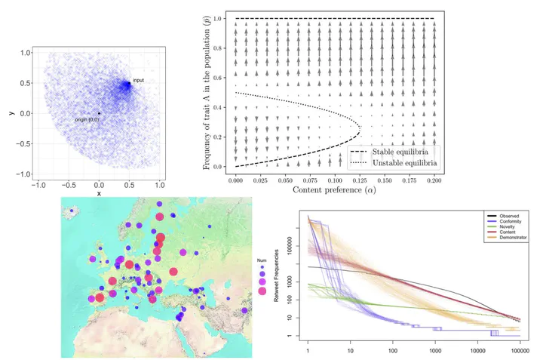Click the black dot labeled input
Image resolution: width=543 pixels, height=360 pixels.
[129, 83]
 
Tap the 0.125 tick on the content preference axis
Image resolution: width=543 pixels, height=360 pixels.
[357, 181]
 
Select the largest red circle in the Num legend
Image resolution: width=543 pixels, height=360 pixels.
[262, 293]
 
